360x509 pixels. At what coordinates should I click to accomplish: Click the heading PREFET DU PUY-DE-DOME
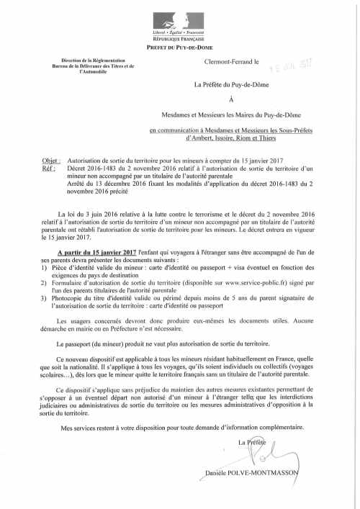coord(179,46)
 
